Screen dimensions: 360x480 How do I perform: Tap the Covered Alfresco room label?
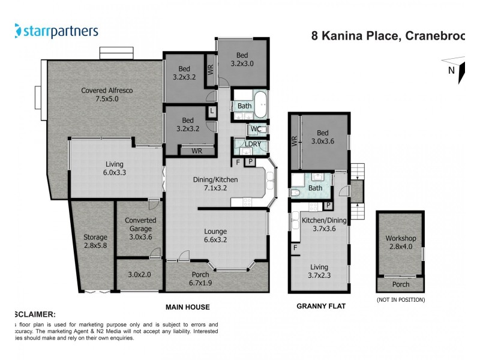107,95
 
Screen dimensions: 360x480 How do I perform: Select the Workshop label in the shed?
400,243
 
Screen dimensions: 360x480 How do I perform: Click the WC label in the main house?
255,128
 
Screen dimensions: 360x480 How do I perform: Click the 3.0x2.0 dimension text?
139,275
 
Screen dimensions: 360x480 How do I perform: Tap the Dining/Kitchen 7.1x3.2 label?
215,184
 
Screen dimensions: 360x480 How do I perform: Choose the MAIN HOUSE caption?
188,307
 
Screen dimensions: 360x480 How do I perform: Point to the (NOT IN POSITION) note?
400,299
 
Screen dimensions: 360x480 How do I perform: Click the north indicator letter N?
450,70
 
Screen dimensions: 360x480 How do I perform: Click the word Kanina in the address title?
372,35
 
